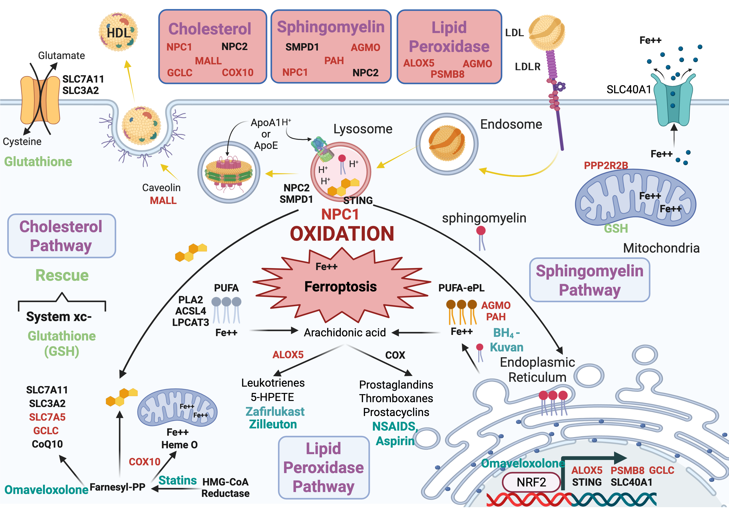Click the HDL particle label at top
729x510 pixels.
tap(118, 33)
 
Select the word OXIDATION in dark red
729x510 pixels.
tap(342, 234)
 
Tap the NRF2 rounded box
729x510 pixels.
tap(531, 482)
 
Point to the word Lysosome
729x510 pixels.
tap(363, 129)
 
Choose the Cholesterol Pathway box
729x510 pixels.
tap(61, 236)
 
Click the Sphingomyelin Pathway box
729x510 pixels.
tap(589, 280)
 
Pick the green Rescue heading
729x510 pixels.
tap(62, 275)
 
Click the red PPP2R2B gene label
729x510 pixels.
tap(606, 165)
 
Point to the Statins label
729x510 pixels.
tap(177, 480)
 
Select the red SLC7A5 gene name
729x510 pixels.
tap(47, 417)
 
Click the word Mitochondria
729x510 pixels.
tap(661, 248)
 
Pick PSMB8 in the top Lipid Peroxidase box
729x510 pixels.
tap(447, 74)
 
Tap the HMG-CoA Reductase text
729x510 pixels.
tap(226, 487)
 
